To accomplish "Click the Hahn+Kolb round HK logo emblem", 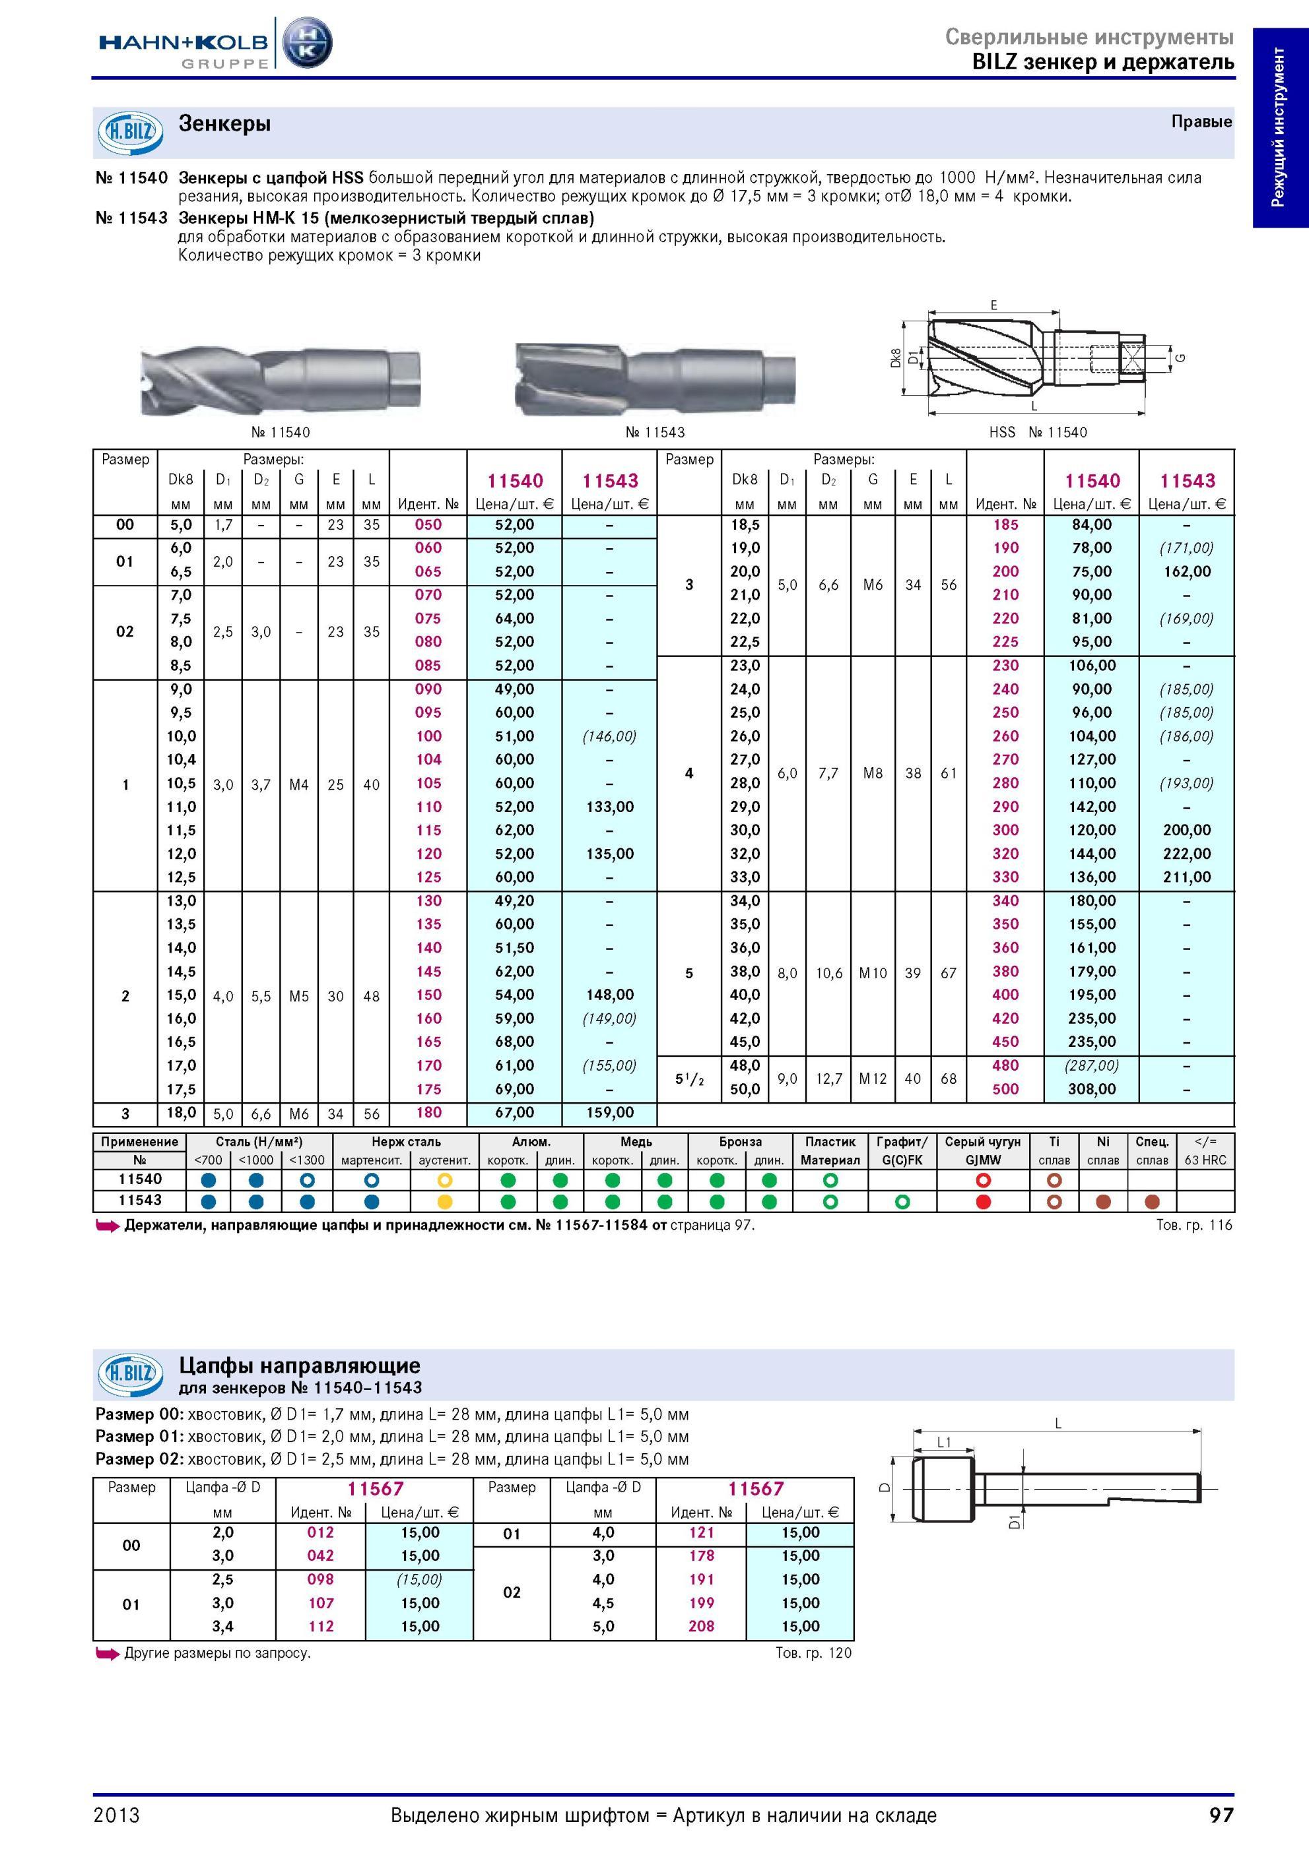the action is coord(306,42).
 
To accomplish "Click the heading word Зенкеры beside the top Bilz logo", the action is coord(224,124).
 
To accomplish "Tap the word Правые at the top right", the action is coord(1201,122).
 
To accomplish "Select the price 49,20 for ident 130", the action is coord(515,900).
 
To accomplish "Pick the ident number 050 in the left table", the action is coord(428,525).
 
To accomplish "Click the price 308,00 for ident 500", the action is coord(1092,1089).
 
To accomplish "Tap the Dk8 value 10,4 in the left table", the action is coord(182,759).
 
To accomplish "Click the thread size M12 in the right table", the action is coord(873,1078).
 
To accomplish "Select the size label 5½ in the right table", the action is coord(690,1079).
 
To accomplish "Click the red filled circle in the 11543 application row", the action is coord(982,1201).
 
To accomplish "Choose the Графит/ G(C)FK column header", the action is coord(902,1150).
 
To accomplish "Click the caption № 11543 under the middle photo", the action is coord(655,432).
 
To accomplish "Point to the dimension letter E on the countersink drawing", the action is coord(993,305).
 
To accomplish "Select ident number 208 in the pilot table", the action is coord(702,1626).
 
